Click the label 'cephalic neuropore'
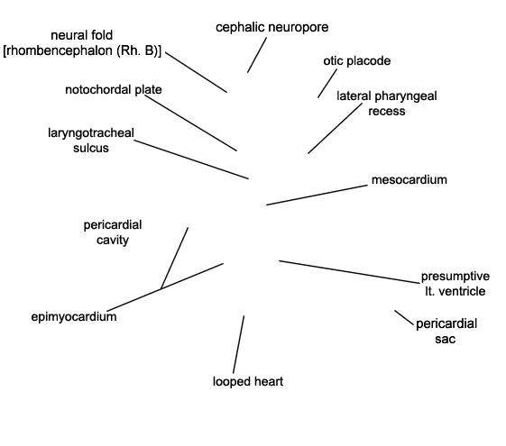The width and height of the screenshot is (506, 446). (x=272, y=28)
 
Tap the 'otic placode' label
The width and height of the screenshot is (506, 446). (x=357, y=61)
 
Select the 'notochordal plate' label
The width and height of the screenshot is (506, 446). (x=114, y=89)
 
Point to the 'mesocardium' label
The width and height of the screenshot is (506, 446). (x=409, y=180)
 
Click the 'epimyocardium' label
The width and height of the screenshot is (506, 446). (x=74, y=317)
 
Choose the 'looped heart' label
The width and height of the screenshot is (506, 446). (x=248, y=381)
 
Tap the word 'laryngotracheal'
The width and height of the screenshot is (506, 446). (x=91, y=133)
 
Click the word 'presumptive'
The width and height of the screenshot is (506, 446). (x=455, y=277)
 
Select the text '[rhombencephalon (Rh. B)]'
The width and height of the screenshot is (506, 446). (x=82, y=51)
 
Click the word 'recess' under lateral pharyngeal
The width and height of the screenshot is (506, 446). (x=387, y=111)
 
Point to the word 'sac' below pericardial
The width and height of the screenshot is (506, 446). (x=446, y=339)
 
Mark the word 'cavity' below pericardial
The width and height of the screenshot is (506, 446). (x=113, y=240)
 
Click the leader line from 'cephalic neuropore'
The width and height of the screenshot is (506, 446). (x=257, y=55)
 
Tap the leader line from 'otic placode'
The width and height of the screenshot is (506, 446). (x=327, y=83)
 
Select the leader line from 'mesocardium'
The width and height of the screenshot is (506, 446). (x=317, y=195)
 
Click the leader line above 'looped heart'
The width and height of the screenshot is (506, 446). (x=238, y=344)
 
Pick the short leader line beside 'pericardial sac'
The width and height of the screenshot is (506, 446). (x=404, y=318)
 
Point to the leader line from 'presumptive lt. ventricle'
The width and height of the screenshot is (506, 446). (x=349, y=272)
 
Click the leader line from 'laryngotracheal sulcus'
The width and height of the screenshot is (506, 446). (x=191, y=159)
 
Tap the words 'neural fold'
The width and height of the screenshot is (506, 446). (x=82, y=35)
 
